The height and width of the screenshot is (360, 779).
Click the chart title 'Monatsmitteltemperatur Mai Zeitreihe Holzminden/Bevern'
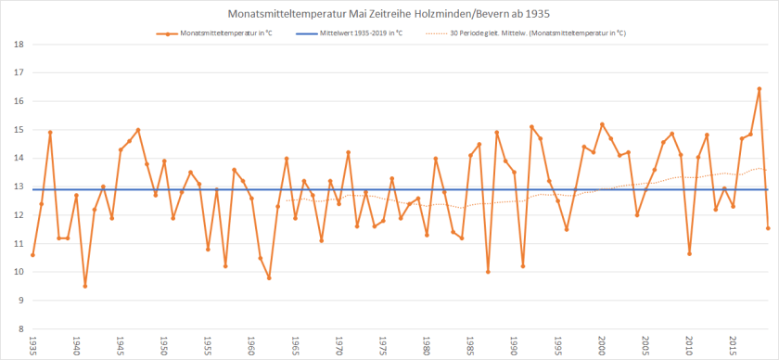pos(389,15)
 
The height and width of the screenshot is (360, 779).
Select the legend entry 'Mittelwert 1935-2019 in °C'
pos(360,33)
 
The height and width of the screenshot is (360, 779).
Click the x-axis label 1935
pos(33,343)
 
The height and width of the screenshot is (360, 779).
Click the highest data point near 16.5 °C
pos(759,89)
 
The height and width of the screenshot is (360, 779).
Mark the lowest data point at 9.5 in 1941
pos(85,286)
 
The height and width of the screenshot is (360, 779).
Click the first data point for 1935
pos(32,254)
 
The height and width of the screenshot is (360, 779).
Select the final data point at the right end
pos(768,228)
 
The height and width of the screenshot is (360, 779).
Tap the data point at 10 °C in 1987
pos(488,272)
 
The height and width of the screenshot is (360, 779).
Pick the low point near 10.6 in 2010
pos(689,253)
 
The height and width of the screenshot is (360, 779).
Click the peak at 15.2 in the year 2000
pos(602,124)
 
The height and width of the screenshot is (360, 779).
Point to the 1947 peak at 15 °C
pos(138,130)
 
